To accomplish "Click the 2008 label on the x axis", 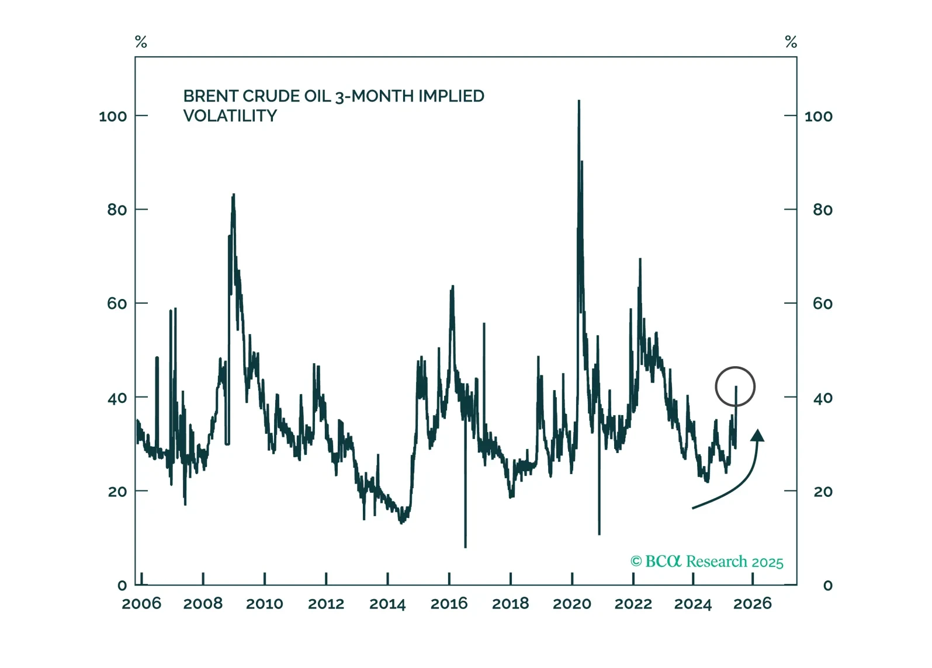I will point(203,604).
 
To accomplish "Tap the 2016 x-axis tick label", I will point(449,604).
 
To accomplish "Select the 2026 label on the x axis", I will point(753,604).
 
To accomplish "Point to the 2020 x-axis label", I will point(572,604).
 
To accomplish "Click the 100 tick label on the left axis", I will point(113,116).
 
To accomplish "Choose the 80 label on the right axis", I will point(822,210).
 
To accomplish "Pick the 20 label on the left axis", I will point(117,492).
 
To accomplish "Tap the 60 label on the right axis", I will point(822,304).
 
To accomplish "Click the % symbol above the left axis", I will point(141,42).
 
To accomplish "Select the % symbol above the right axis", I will point(791,42).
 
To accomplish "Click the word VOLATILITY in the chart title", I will point(230,116).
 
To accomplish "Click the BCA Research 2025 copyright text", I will point(706,562).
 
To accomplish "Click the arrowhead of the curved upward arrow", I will point(758,435).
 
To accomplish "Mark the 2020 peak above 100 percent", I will point(579,102).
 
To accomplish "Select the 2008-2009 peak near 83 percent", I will point(234,195).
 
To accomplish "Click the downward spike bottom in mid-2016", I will point(465,547).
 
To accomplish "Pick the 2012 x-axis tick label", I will point(326,604).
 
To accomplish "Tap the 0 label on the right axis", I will point(827,586).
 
